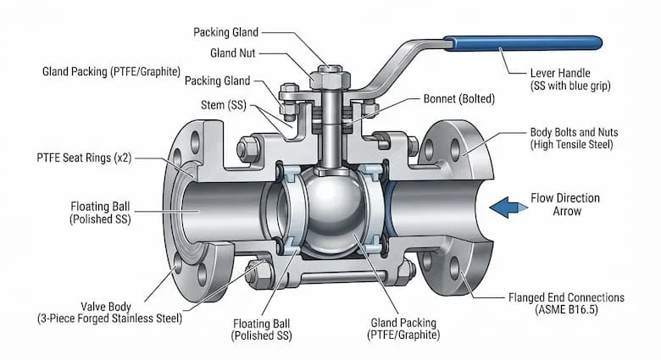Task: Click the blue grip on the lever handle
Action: tap(523, 43)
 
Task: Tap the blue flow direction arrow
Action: tap(508, 208)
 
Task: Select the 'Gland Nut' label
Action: tap(233, 53)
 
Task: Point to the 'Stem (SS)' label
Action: tap(224, 105)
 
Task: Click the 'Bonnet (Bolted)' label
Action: tap(459, 98)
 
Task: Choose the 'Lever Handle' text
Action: tap(560, 73)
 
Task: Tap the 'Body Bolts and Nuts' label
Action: tap(575, 132)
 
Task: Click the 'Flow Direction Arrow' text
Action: tap(565, 204)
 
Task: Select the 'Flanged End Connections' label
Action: tap(566, 297)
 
